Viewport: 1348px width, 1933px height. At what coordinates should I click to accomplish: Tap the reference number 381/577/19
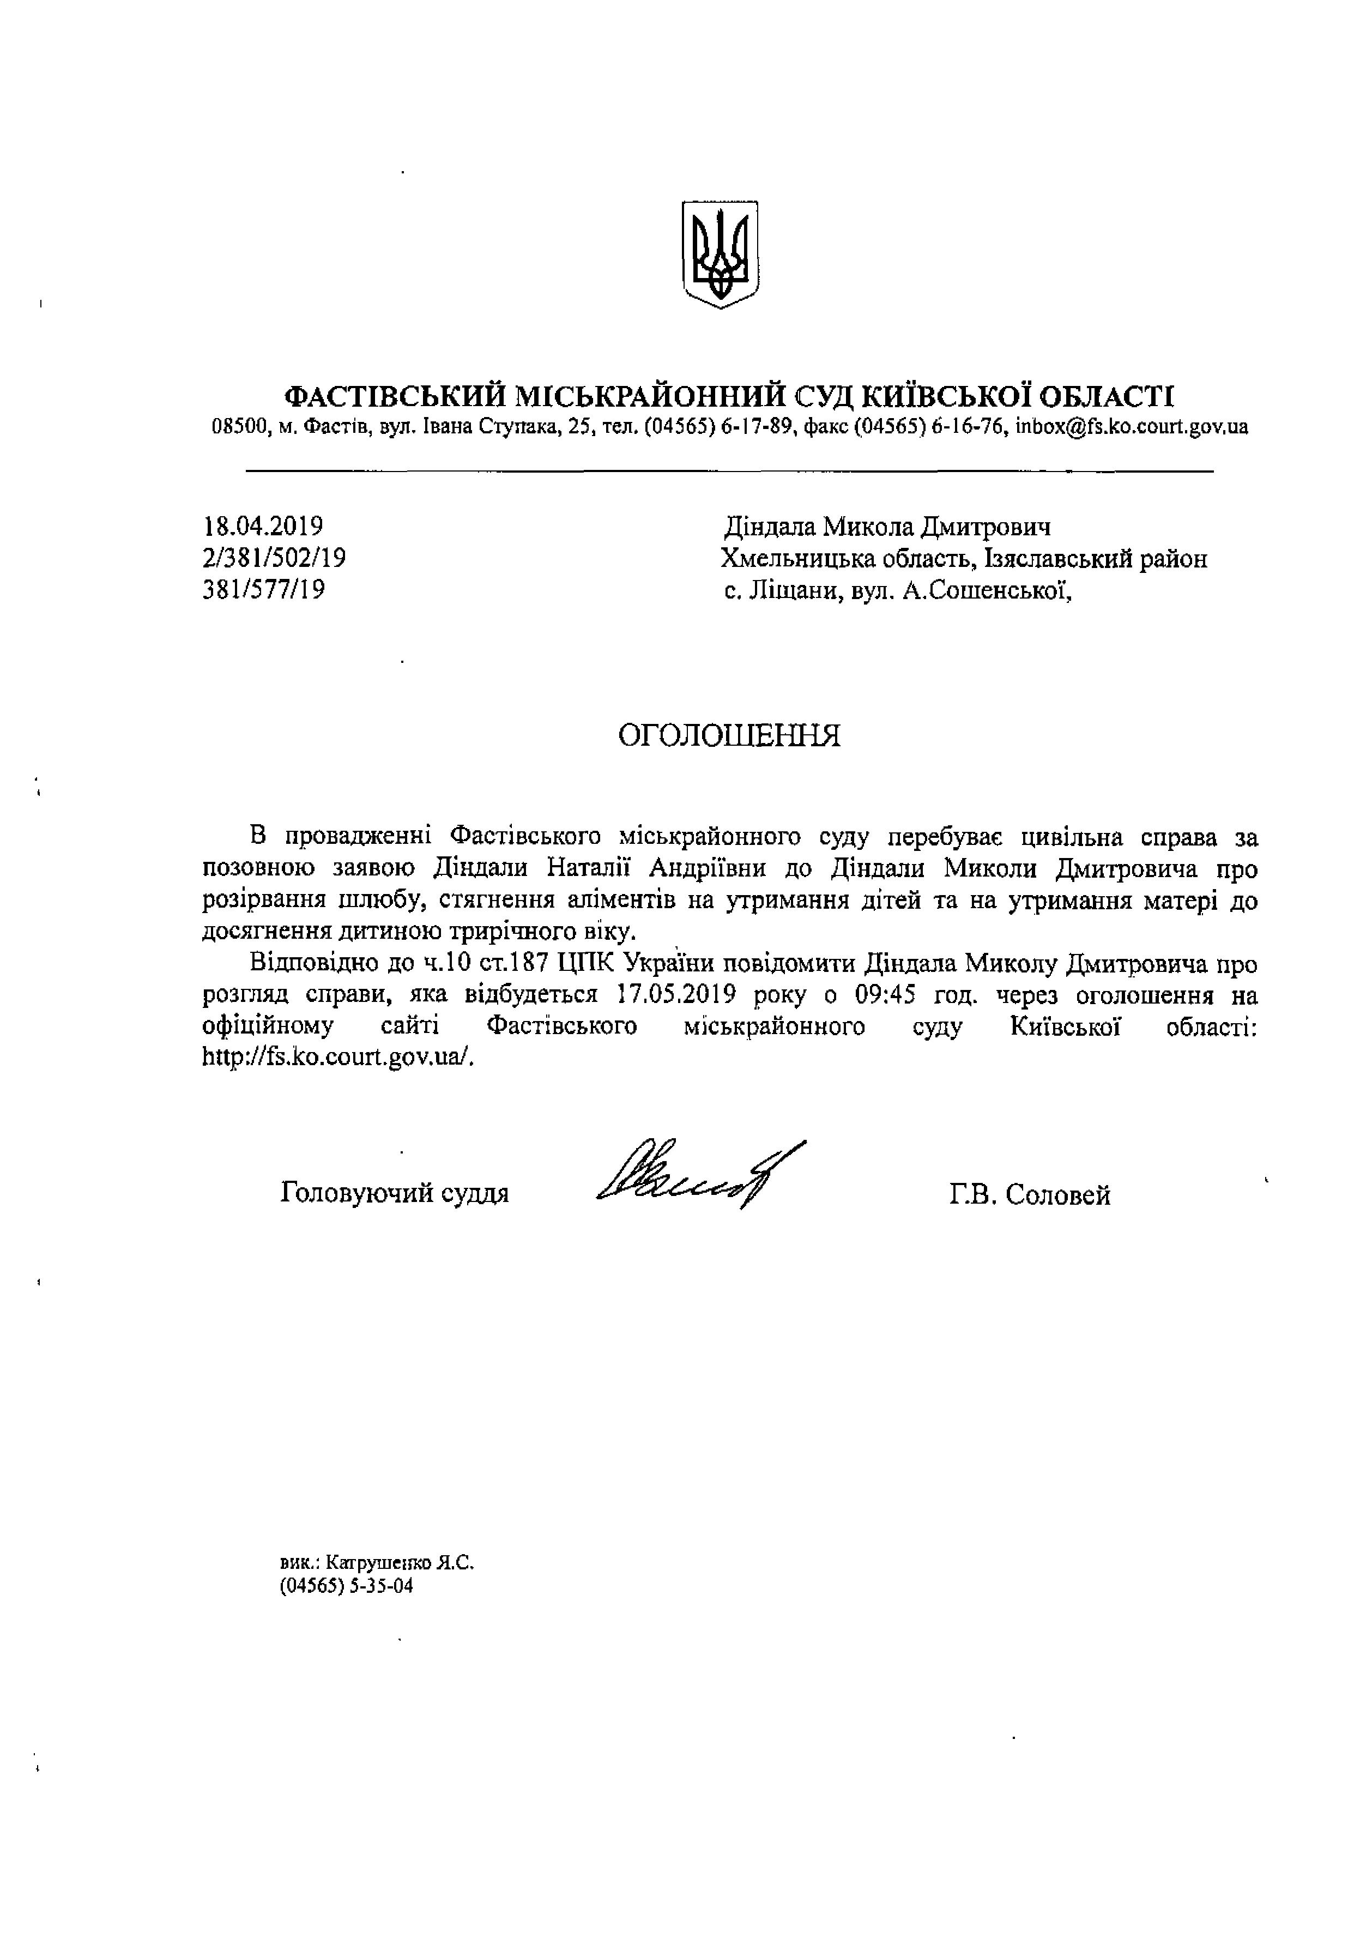(263, 589)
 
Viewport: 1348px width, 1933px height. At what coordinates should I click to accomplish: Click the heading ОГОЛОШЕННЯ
(729, 735)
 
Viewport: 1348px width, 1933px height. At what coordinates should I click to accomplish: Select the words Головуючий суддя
(395, 1192)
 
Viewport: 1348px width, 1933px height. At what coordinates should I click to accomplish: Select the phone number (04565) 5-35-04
(347, 1587)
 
